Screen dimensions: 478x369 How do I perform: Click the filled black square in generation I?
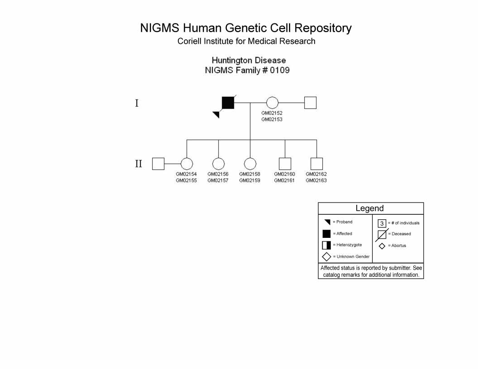(x=228, y=103)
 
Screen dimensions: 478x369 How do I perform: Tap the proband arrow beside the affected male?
(x=216, y=114)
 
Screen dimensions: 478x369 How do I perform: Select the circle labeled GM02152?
(x=272, y=103)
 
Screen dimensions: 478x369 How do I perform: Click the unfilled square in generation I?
(x=311, y=103)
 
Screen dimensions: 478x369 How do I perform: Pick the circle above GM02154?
(x=187, y=164)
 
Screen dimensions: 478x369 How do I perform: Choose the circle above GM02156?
(x=218, y=164)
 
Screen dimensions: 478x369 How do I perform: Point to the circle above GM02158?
(x=250, y=164)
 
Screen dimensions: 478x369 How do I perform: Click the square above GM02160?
(x=285, y=164)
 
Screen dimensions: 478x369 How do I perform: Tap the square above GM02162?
(x=317, y=164)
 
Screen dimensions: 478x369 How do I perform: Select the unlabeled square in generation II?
(x=158, y=164)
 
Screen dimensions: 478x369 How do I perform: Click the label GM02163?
(x=316, y=180)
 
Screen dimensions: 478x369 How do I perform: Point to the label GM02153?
(x=272, y=119)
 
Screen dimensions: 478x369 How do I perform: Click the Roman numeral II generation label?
(x=139, y=164)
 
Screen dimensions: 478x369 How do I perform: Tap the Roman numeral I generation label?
(x=137, y=103)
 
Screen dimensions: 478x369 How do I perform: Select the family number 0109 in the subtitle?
(x=280, y=71)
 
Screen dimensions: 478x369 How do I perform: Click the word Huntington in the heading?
(x=231, y=60)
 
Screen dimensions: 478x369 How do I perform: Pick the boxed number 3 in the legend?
(x=382, y=223)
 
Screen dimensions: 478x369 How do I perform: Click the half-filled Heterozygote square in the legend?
(x=326, y=245)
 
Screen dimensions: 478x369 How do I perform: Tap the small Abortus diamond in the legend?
(x=382, y=246)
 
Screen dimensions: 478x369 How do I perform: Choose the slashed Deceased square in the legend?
(x=382, y=235)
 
